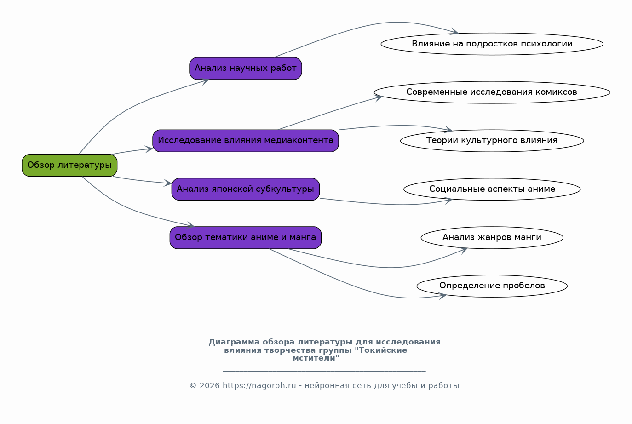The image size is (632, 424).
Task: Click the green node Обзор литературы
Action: click(x=69, y=165)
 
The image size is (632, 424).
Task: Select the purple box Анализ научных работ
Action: click(x=246, y=69)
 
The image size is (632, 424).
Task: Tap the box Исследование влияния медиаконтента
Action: click(x=246, y=141)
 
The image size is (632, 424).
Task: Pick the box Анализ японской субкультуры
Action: click(x=246, y=189)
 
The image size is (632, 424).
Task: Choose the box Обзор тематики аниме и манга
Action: click(x=246, y=238)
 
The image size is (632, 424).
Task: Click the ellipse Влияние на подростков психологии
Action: click(x=492, y=44)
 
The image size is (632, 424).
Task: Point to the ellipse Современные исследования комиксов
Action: click(x=492, y=92)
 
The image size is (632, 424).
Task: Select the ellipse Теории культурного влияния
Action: click(x=492, y=141)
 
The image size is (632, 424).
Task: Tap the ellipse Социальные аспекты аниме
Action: click(x=492, y=189)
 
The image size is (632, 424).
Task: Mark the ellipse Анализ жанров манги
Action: click(x=492, y=238)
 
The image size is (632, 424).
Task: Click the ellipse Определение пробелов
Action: click(x=492, y=286)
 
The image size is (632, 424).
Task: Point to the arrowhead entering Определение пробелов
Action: click(x=442, y=296)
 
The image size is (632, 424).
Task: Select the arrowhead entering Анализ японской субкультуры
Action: click(x=167, y=183)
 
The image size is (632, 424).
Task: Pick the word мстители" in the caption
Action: click(x=316, y=358)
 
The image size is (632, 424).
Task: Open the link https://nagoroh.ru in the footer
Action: click(x=259, y=386)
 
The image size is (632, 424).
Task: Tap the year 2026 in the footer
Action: click(x=209, y=386)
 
